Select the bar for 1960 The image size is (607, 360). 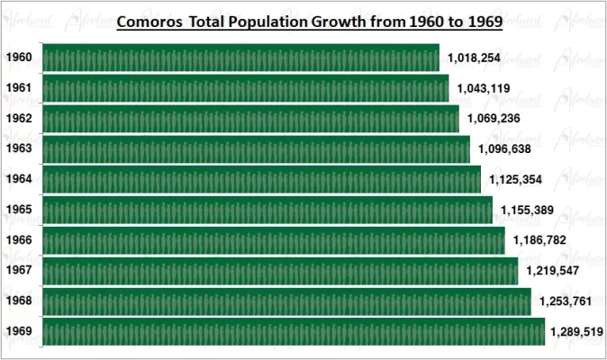point(240,58)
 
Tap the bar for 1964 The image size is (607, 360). point(261,179)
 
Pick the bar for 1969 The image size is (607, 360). point(294,331)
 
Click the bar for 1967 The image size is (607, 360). point(280,271)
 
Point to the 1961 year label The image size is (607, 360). point(19,88)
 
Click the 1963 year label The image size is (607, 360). point(19,148)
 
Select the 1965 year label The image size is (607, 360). point(19,210)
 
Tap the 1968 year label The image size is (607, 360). point(19,301)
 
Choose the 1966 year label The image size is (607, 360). point(19,240)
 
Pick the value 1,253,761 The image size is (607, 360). point(568,301)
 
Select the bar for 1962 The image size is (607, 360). point(251,119)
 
